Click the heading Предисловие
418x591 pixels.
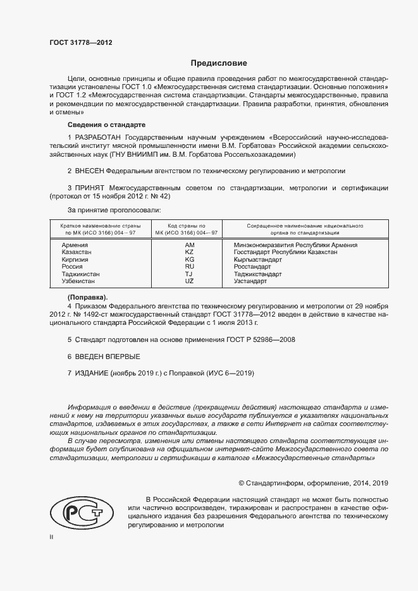(219, 63)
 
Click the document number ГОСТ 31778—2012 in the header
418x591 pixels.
(81, 43)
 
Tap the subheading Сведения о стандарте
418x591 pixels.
(106, 125)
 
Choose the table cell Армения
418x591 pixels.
(75, 245)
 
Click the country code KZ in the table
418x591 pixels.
(189, 252)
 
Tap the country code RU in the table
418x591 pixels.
(189, 266)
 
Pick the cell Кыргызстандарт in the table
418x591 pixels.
(258, 259)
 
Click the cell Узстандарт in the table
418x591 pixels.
(250, 281)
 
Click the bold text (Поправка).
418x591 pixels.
(87, 297)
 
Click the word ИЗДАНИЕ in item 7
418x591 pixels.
(92, 374)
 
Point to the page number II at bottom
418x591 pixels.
(51, 537)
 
